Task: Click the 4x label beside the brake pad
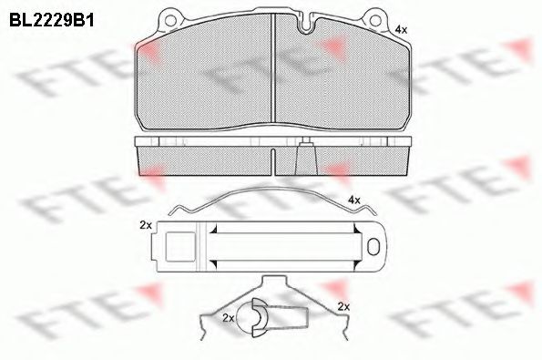point(400,30)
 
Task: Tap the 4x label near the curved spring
point(354,200)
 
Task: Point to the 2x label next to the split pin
point(228,318)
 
